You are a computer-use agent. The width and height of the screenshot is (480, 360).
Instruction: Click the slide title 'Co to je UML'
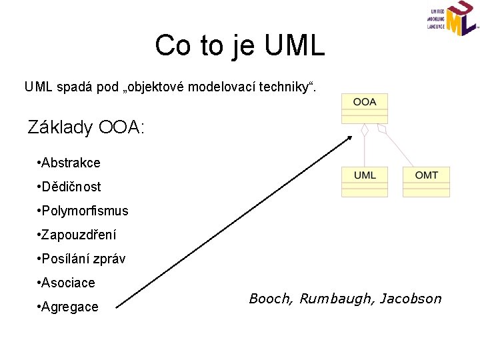pyautogui.click(x=240, y=46)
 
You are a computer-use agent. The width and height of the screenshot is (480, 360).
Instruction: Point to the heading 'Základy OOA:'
pyautogui.click(x=85, y=127)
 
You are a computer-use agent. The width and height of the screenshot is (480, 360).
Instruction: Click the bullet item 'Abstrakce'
pyautogui.click(x=70, y=163)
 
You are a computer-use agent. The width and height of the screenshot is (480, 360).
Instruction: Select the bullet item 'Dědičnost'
pyautogui.click(x=70, y=187)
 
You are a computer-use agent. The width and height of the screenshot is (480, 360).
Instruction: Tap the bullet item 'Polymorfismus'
pyautogui.click(x=83, y=211)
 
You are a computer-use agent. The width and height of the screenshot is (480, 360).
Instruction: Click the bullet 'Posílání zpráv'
pyautogui.click(x=83, y=259)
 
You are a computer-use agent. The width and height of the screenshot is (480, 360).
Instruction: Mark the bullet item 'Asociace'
pyautogui.click(x=67, y=283)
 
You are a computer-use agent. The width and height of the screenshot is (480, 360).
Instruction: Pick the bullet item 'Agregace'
pyautogui.click(x=69, y=307)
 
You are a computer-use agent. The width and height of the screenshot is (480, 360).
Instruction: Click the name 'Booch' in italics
pyautogui.click(x=269, y=299)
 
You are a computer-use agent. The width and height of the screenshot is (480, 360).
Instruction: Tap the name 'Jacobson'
pyautogui.click(x=410, y=299)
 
